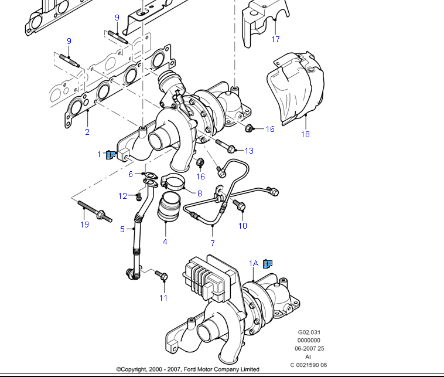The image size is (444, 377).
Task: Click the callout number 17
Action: click(275, 39)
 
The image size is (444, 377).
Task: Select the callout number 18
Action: click(305, 134)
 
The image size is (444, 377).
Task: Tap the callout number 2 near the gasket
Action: click(87, 132)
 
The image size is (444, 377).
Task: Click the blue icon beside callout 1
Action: click(110, 155)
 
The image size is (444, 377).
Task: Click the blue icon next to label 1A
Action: click(268, 264)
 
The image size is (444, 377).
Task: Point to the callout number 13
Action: click(249, 151)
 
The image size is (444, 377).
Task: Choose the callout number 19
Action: click(84, 225)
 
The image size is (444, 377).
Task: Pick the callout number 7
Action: click(213, 243)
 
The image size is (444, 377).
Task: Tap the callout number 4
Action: click(165, 242)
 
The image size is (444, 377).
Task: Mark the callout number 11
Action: click(163, 298)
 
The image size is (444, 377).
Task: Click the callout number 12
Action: click(123, 196)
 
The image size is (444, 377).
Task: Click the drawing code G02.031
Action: click(309, 331)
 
